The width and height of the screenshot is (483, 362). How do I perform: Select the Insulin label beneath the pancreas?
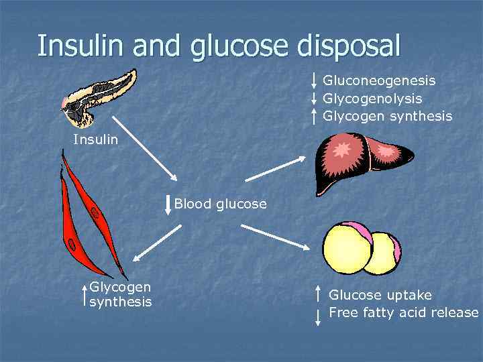95,140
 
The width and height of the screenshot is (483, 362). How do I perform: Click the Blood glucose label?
220,204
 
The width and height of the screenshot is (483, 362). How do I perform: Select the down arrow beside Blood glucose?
168,204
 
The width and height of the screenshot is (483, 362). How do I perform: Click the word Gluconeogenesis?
379,80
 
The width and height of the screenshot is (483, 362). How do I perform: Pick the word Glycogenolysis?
372,99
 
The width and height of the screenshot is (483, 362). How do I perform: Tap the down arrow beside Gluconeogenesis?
315,80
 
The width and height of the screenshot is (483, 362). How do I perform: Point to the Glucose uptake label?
380,295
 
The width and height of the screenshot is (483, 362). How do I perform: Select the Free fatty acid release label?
403,313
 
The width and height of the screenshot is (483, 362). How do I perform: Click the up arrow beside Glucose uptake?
318,294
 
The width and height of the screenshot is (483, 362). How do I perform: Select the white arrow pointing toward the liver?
275,168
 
